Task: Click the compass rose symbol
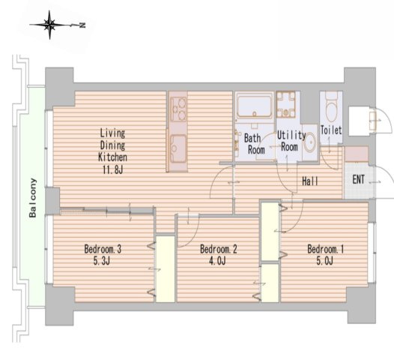click(49, 25)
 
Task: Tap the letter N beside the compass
click(82, 25)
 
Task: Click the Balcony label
click(33, 198)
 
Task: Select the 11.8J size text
click(112, 170)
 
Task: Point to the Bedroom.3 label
click(103, 249)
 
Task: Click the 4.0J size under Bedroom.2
click(218, 261)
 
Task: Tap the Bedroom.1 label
click(325, 249)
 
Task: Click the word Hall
click(310, 181)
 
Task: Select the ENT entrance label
click(358, 179)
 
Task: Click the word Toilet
click(331, 130)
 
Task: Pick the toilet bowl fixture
click(331, 109)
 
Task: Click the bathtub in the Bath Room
click(254, 106)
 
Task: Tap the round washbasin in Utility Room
click(309, 142)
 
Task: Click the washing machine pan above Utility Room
click(285, 104)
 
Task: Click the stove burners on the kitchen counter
click(178, 109)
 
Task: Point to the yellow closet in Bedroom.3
click(166, 269)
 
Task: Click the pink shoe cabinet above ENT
click(357, 154)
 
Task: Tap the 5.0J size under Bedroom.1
click(325, 261)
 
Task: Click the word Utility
click(291, 135)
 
